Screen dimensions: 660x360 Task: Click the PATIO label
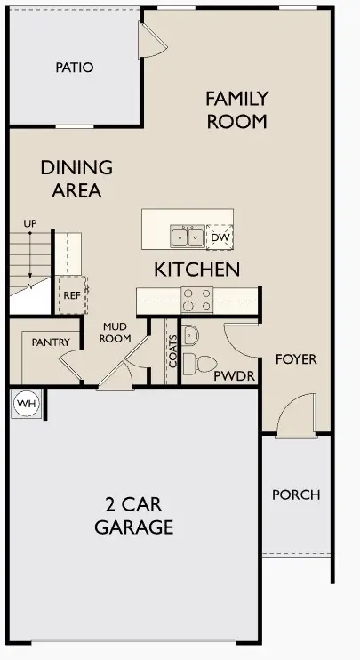point(75,68)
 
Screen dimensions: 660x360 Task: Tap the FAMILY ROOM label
point(236,109)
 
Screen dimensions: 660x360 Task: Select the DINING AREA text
point(76,178)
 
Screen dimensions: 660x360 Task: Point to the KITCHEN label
point(196,269)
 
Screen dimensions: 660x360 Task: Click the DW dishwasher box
point(220,237)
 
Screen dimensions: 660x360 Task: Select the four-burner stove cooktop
point(196,301)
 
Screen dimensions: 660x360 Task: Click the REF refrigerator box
point(70,294)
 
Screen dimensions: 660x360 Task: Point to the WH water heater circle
point(27,405)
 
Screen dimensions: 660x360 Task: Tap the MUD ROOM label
point(116,332)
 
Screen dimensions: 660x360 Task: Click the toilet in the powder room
point(204,363)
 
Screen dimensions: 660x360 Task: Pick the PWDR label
point(235,376)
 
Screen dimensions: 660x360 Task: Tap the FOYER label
point(295,359)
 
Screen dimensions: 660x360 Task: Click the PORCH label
point(296,495)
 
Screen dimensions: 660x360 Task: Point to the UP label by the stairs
point(30,222)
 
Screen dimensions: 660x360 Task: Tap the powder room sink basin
point(192,334)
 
